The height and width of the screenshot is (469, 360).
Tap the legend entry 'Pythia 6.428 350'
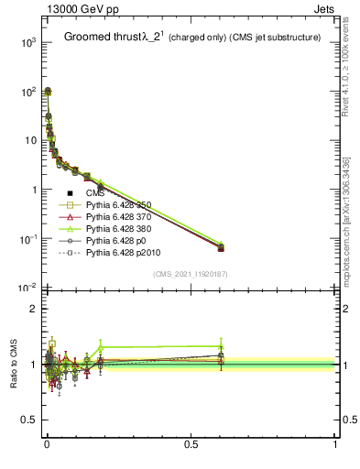point(123,206)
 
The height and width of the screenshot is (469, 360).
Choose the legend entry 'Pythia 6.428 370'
point(123,220)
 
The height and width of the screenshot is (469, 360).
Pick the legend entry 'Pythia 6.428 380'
point(123,234)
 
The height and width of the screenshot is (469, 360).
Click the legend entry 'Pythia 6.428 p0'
point(119,247)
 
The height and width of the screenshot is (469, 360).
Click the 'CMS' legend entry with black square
point(95,193)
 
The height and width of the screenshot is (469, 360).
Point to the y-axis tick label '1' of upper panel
point(31,190)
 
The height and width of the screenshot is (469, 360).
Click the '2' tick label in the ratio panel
point(33,309)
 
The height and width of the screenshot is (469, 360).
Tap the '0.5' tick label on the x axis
point(191,445)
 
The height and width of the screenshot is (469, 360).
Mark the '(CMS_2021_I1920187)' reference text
point(191,274)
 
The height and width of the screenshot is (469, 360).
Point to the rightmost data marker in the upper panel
point(221,248)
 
